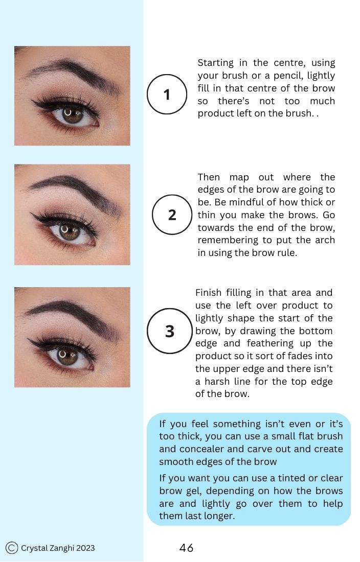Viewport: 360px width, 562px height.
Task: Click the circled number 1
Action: point(167,95)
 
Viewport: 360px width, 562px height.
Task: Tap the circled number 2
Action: point(172,215)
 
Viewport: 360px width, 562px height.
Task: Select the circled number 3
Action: point(170,332)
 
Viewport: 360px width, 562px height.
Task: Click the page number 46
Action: point(187,548)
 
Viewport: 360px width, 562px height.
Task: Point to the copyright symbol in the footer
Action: point(12,548)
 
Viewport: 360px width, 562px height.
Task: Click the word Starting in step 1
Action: point(215,63)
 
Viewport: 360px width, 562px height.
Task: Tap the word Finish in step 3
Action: point(208,293)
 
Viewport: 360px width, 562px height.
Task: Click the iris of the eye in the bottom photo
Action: point(64,356)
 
